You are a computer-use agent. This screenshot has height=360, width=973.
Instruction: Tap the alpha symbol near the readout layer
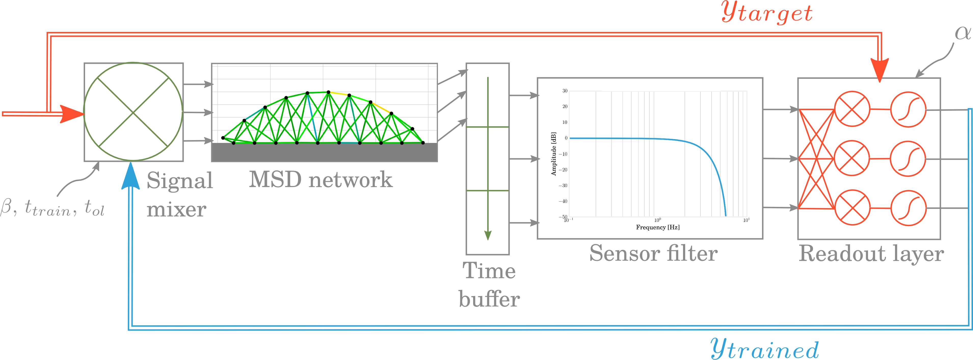962,33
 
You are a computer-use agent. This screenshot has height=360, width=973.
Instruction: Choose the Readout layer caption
871,253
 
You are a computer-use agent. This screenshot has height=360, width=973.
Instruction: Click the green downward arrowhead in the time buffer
488,235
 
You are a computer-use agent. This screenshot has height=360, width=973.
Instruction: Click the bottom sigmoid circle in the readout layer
908,208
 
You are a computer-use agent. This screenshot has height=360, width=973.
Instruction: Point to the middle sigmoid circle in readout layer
908,159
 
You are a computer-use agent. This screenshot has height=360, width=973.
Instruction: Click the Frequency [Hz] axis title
657,227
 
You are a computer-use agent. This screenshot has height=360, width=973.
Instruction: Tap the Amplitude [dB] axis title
554,154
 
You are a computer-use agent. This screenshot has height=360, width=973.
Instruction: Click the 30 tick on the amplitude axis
565,91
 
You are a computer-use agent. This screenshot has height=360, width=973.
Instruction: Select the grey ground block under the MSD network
324,152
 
